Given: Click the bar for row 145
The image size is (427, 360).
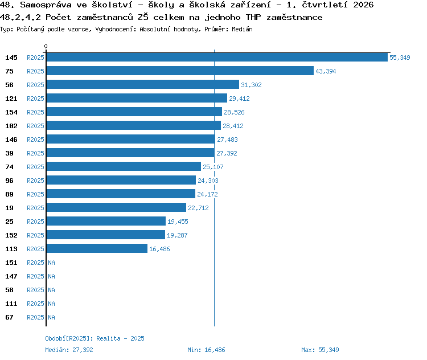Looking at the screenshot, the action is click(x=217, y=57).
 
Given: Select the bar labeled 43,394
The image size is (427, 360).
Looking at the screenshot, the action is click(x=180, y=71).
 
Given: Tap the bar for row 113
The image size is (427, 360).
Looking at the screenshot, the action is click(x=97, y=248).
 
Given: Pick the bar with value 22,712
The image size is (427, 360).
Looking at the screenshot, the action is click(x=116, y=208).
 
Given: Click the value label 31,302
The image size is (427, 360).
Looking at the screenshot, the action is click(x=251, y=85).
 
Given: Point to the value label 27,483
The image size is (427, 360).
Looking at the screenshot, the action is click(x=227, y=140).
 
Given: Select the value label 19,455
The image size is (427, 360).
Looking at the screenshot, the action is click(x=178, y=222).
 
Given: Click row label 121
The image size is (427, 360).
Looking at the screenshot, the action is click(x=11, y=99).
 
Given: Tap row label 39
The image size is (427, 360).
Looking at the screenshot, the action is click(x=9, y=153).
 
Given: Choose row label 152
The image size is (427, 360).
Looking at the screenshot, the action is click(x=11, y=235).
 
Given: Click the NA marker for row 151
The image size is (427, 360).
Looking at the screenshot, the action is click(x=51, y=263).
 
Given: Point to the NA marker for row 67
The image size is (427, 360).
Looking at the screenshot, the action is click(x=51, y=317).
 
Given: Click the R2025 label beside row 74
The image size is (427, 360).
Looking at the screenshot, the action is click(x=35, y=167).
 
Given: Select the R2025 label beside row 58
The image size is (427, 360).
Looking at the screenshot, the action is click(x=35, y=290).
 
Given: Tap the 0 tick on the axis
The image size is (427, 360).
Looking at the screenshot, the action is click(x=46, y=46).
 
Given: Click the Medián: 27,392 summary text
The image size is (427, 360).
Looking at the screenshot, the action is click(x=69, y=350).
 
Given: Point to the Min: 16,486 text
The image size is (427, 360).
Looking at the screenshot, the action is click(x=206, y=350).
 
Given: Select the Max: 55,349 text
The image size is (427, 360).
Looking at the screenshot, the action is click(x=320, y=350).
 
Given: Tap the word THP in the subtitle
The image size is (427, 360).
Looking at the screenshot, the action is click(x=253, y=17).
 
